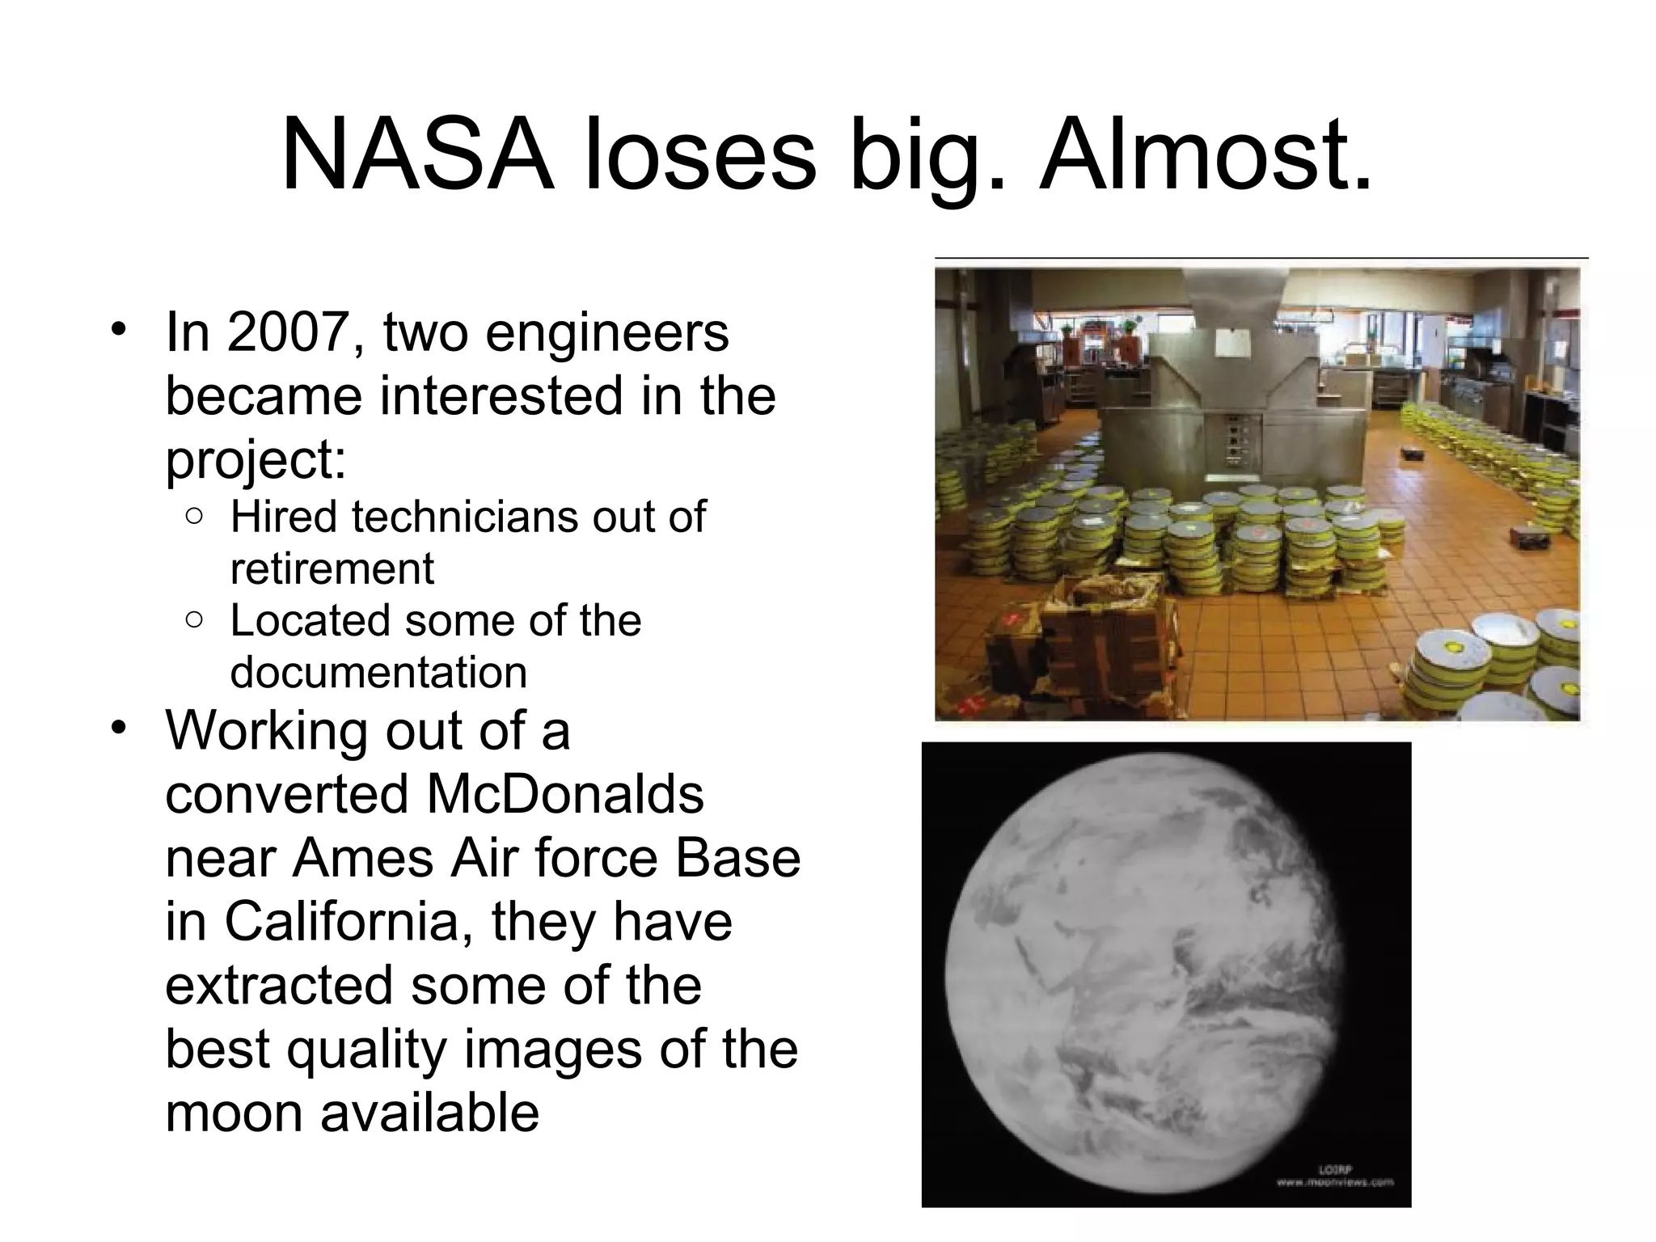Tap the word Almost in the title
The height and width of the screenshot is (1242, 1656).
pos(1206,155)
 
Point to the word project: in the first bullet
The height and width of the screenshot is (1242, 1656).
pos(256,461)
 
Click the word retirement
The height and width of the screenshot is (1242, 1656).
pos(332,568)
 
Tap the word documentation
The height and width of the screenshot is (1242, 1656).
pos(378,672)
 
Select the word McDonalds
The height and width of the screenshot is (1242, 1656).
pos(564,794)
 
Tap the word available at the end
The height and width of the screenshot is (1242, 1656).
pos(429,1113)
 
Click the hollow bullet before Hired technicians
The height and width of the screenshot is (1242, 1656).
pos(194,516)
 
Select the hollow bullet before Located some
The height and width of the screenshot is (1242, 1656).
pos(194,620)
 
